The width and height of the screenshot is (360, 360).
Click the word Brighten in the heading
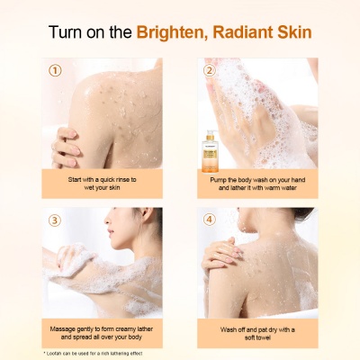coord(169,32)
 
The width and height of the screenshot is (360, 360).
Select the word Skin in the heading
coord(292,32)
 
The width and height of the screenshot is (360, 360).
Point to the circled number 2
coord(210,69)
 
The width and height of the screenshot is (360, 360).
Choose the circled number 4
coord(210,220)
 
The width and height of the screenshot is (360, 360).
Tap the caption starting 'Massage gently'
coord(102,333)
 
